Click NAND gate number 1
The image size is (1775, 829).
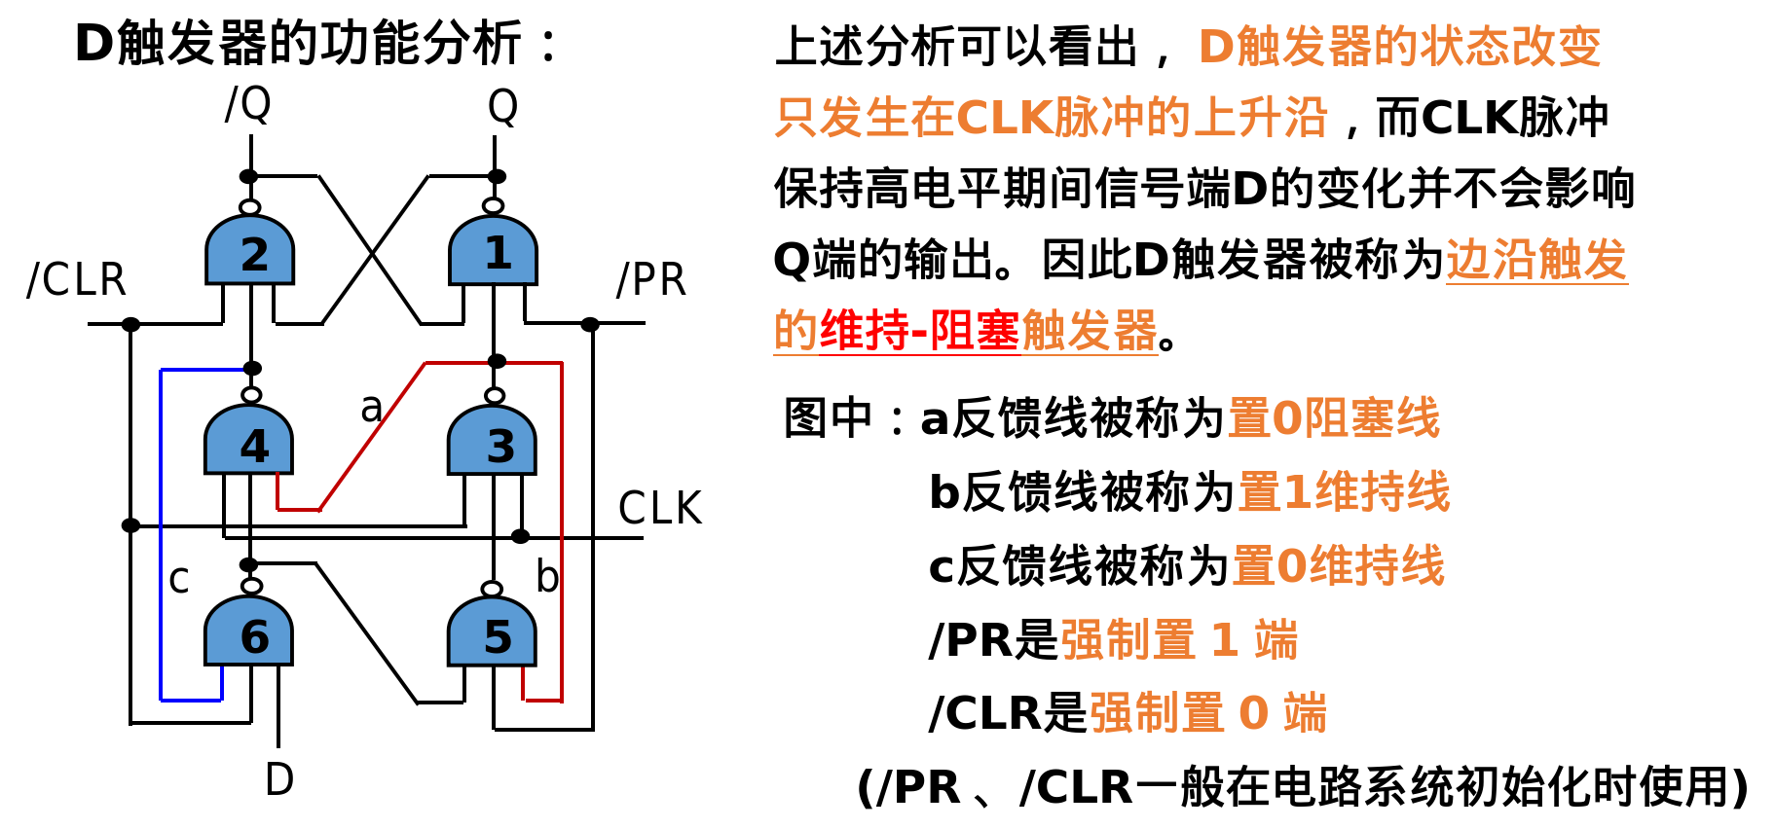click(x=493, y=252)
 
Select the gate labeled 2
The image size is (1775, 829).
click(x=250, y=252)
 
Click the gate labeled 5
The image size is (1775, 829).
click(x=493, y=634)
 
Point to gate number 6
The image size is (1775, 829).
click(x=250, y=634)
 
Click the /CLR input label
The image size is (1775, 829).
click(x=77, y=280)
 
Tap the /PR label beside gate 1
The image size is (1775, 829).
click(x=651, y=280)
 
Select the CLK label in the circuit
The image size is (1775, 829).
click(x=660, y=508)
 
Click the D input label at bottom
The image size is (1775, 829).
click(x=279, y=779)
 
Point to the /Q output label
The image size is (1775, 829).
click(x=248, y=103)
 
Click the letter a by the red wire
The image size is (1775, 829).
click(x=371, y=408)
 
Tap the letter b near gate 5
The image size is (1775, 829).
click(x=547, y=577)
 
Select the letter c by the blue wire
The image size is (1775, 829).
click(x=178, y=580)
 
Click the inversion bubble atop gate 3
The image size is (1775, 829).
click(x=495, y=395)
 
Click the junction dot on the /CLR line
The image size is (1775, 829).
click(x=130, y=324)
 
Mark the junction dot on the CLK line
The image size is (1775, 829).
click(x=521, y=536)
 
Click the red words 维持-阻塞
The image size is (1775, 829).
click(x=919, y=331)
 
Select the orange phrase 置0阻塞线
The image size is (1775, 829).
click(x=1333, y=418)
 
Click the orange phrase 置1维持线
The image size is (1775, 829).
click(x=1344, y=491)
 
